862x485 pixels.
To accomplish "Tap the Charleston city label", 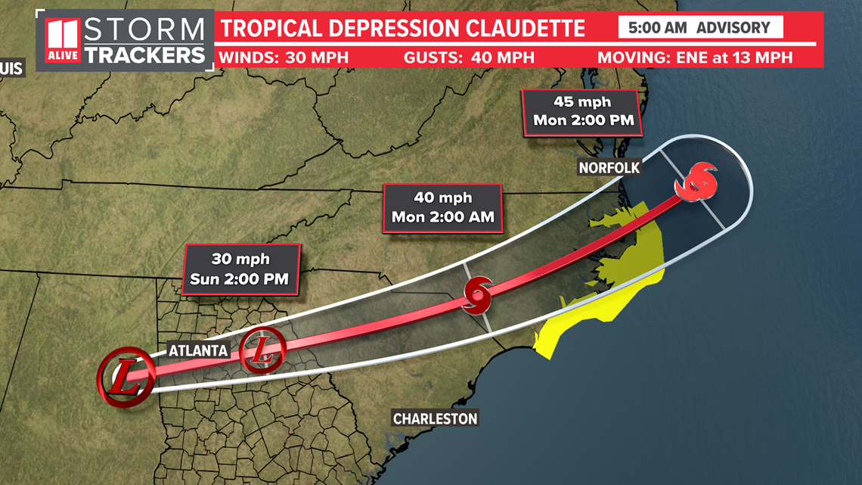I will (x=435, y=418).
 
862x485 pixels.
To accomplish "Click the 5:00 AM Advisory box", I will (x=700, y=28).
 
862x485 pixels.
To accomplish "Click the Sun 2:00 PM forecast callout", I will (x=239, y=269).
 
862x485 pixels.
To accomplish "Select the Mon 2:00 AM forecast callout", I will (x=442, y=207).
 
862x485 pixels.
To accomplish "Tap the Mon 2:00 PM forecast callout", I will (x=582, y=111).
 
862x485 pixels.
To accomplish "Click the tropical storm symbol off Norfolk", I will (x=696, y=182).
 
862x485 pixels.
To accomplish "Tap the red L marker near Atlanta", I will (x=262, y=350).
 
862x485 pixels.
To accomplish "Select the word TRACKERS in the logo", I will (x=144, y=54).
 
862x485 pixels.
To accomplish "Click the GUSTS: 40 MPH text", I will (x=469, y=58).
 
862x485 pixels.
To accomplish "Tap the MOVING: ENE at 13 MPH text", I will (x=695, y=58).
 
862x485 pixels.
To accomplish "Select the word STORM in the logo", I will (x=144, y=30).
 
